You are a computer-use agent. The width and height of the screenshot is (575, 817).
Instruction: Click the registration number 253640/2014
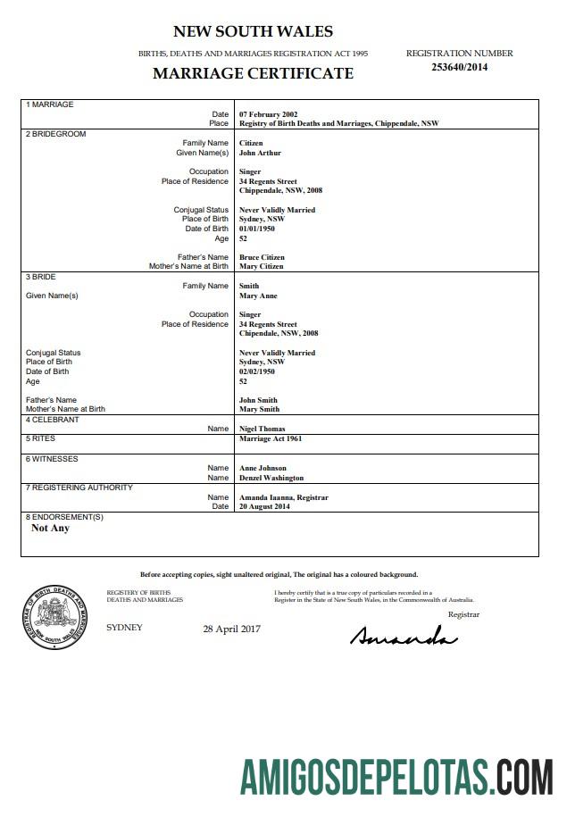pyautogui.click(x=459, y=66)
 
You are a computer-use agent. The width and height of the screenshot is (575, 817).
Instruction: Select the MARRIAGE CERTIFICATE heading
pyautogui.click(x=253, y=73)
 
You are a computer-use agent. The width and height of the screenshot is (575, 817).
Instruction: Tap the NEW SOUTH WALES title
pyautogui.click(x=253, y=32)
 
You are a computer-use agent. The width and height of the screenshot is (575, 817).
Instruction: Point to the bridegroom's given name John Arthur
pyautogui.click(x=260, y=153)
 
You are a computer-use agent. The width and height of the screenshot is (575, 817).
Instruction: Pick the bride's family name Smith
pyautogui.click(x=249, y=287)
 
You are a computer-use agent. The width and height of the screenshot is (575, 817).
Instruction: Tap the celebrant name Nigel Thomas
pyautogui.click(x=262, y=429)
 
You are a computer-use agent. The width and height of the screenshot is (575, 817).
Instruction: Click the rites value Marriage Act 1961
pyautogui.click(x=271, y=439)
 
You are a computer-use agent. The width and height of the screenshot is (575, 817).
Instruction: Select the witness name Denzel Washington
pyautogui.click(x=271, y=478)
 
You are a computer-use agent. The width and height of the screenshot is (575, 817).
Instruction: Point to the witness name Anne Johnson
pyautogui.click(x=262, y=468)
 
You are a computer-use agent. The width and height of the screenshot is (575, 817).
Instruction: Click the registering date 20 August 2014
pyautogui.click(x=264, y=506)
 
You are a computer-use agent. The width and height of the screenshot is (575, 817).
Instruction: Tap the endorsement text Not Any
pyautogui.click(x=50, y=528)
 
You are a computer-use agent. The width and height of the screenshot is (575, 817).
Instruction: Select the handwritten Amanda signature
pyautogui.click(x=403, y=637)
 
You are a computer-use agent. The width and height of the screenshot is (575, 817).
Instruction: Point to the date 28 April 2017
pyautogui.click(x=231, y=629)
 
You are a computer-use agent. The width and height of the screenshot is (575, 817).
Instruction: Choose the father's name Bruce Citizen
pyautogui.click(x=262, y=257)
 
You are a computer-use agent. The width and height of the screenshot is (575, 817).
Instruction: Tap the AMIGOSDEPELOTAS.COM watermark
pyautogui.click(x=396, y=775)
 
